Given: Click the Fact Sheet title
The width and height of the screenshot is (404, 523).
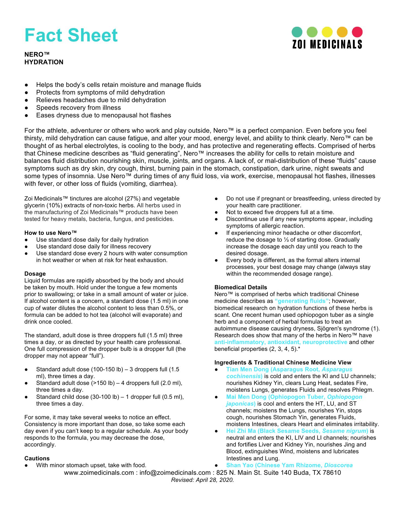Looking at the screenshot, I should (x=71, y=35).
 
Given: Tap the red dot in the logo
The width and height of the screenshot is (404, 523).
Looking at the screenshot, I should (x=357, y=32).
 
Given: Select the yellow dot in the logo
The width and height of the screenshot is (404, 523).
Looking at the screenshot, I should (x=327, y=32).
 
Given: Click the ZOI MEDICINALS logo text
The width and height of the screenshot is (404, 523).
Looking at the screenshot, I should (x=327, y=45).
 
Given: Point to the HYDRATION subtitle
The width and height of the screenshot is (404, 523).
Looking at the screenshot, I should (x=44, y=62).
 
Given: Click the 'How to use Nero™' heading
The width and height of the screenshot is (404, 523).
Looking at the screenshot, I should (x=51, y=233).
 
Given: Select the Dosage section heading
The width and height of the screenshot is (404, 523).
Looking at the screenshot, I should (x=35, y=274).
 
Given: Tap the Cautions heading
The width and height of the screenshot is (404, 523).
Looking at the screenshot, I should (x=37, y=458).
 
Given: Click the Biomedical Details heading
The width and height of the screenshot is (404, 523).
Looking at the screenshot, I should (x=241, y=287).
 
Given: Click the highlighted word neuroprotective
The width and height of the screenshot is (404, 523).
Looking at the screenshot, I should (x=325, y=342).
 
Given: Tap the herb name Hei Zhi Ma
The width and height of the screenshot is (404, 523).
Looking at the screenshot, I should (x=241, y=431).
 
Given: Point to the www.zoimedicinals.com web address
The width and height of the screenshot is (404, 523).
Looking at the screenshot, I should (x=99, y=473).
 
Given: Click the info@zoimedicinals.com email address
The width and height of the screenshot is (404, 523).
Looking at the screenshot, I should (x=175, y=473).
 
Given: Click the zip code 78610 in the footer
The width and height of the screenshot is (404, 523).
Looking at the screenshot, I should (x=332, y=473).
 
